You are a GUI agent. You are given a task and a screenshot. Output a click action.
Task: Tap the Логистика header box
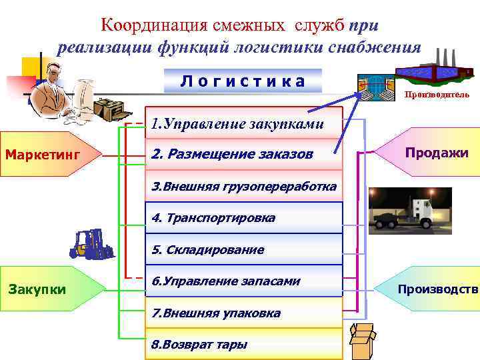click(x=243, y=81)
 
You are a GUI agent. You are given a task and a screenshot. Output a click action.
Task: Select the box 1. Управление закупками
click(x=243, y=123)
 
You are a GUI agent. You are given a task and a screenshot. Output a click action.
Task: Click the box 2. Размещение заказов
click(x=243, y=154)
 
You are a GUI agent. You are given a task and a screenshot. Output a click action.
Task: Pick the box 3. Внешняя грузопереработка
click(x=243, y=185)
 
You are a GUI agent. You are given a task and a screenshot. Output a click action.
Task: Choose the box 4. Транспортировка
click(x=243, y=217)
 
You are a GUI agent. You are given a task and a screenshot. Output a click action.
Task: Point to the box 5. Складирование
click(x=243, y=250)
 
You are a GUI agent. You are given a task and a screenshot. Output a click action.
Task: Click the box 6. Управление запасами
click(x=243, y=281)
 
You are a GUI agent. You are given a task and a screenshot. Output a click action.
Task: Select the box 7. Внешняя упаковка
click(x=243, y=313)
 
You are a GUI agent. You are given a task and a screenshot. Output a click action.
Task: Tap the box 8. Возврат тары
click(x=243, y=344)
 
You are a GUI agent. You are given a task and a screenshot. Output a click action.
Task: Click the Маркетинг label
click(x=43, y=155)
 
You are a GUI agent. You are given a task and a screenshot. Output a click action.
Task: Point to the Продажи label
click(x=437, y=153)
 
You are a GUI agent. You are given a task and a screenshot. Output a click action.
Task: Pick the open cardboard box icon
click(x=364, y=342)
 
